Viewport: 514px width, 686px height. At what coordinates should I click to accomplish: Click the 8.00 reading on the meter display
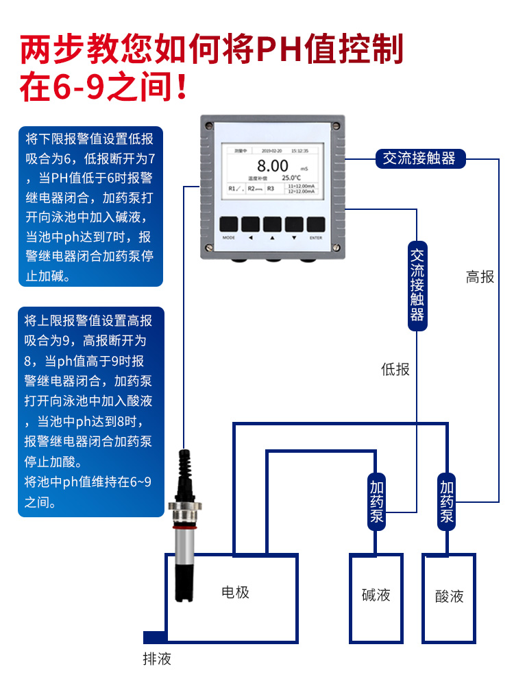[272, 166]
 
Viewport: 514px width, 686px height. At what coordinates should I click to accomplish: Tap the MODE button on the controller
[229, 224]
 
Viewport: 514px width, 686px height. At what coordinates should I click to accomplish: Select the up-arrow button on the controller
[272, 224]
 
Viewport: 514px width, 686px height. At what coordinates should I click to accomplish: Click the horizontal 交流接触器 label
[419, 158]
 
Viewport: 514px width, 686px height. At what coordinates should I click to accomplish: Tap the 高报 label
[480, 277]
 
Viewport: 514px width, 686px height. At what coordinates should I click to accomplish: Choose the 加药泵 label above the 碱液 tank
[376, 501]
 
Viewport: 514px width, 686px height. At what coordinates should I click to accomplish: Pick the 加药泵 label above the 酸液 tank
[447, 501]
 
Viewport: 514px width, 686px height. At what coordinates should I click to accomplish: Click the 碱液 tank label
[376, 594]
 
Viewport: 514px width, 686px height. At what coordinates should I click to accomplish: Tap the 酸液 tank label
[449, 596]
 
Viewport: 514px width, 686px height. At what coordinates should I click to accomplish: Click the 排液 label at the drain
[156, 659]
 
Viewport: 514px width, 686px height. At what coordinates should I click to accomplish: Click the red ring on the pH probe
[184, 529]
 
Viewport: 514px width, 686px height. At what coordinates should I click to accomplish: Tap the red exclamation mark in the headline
[181, 87]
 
